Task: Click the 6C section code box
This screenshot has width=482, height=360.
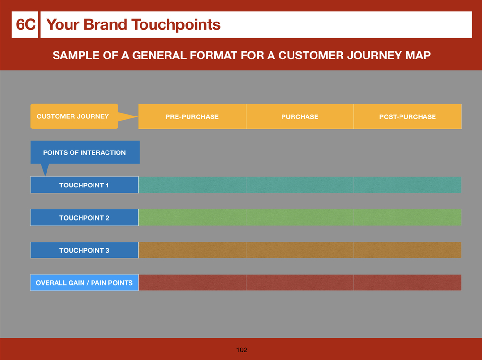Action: tap(25, 24)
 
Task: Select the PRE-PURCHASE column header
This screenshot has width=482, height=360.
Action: tap(192, 116)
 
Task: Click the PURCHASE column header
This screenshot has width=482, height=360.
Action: tap(300, 116)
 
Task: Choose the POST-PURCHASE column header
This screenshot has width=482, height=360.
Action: tap(408, 116)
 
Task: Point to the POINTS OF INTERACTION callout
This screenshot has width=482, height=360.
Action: tap(85, 152)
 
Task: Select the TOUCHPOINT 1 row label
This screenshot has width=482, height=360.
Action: tap(84, 185)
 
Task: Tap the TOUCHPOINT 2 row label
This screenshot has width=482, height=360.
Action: tap(84, 218)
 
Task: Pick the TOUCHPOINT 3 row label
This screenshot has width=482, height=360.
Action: tap(84, 250)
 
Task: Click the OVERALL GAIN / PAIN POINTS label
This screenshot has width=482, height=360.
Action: tap(84, 283)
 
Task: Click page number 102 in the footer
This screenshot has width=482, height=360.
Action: tap(242, 350)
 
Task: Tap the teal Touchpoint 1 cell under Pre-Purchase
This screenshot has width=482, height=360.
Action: tap(192, 185)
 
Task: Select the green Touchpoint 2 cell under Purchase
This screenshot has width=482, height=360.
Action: tap(300, 218)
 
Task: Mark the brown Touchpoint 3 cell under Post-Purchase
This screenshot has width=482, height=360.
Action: tap(408, 250)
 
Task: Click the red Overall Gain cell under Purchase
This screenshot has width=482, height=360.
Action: tap(300, 283)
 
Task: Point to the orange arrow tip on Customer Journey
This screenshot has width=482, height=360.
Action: tap(138, 116)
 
